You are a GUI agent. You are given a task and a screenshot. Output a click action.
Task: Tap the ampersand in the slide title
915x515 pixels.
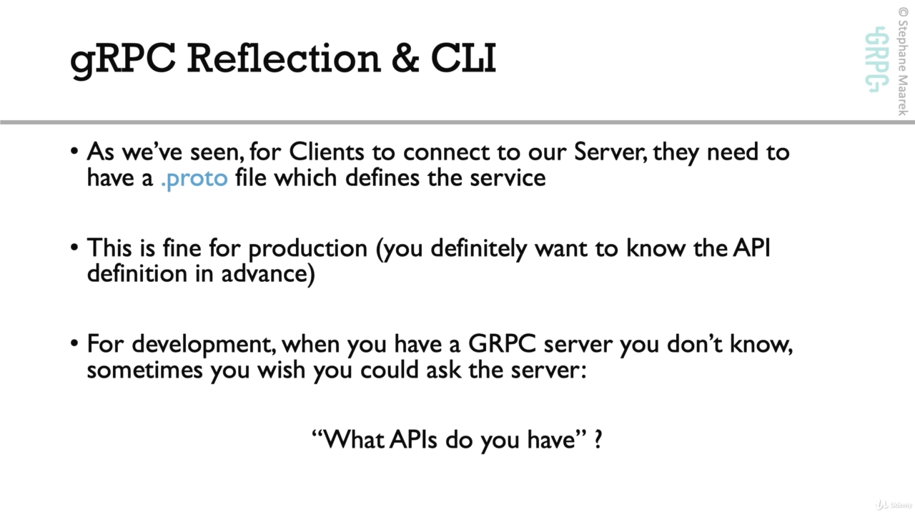coord(405,59)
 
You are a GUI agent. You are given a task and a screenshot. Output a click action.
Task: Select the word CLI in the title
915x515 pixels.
coord(463,59)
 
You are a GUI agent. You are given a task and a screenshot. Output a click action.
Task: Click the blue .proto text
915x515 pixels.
coord(194,179)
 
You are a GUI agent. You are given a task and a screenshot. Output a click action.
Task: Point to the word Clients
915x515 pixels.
coord(327,152)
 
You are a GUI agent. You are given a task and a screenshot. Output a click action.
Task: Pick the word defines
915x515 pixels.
coord(382,178)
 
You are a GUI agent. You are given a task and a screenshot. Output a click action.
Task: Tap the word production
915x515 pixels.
coord(308,249)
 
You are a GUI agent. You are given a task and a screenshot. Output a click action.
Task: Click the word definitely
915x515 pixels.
coord(479,249)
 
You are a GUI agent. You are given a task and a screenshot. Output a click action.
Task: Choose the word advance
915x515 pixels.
coord(264,273)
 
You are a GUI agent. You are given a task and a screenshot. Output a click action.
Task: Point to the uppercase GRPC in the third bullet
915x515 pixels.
coord(502,344)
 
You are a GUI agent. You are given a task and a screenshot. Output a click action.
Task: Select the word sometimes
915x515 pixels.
coord(145,371)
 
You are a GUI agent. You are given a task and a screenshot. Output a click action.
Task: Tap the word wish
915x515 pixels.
coord(282,370)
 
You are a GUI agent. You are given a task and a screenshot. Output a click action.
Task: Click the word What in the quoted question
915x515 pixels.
coord(353,440)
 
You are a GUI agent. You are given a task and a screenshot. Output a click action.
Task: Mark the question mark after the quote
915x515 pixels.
coord(598,440)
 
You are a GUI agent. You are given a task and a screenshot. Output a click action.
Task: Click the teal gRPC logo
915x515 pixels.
coord(877,59)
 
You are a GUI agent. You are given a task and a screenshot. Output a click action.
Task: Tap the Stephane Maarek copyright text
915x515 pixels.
coord(903,62)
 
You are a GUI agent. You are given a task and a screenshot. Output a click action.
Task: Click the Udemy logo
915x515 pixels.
coord(894,505)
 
